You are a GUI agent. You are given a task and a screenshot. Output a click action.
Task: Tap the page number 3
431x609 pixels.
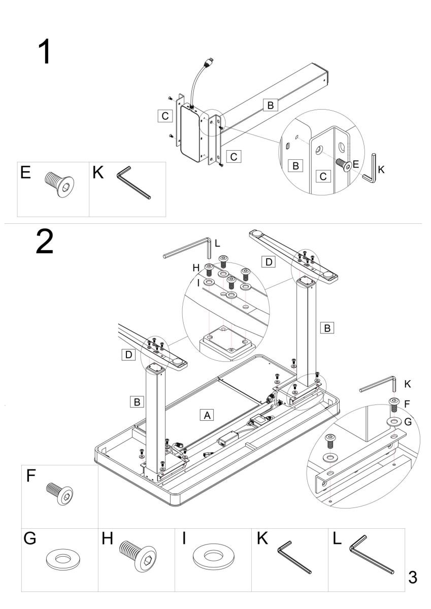click(x=413, y=578)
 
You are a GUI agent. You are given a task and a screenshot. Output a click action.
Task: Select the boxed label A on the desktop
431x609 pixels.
click(x=207, y=415)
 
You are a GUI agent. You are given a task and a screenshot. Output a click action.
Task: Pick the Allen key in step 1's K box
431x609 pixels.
click(x=134, y=184)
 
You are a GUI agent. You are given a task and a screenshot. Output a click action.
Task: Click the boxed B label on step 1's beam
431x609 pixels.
click(x=270, y=106)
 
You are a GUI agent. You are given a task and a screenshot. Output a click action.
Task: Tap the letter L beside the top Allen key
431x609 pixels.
click(x=217, y=244)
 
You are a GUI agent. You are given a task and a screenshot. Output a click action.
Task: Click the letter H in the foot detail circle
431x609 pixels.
click(x=196, y=267)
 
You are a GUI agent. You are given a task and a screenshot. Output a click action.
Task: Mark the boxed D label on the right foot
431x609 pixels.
click(x=269, y=262)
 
